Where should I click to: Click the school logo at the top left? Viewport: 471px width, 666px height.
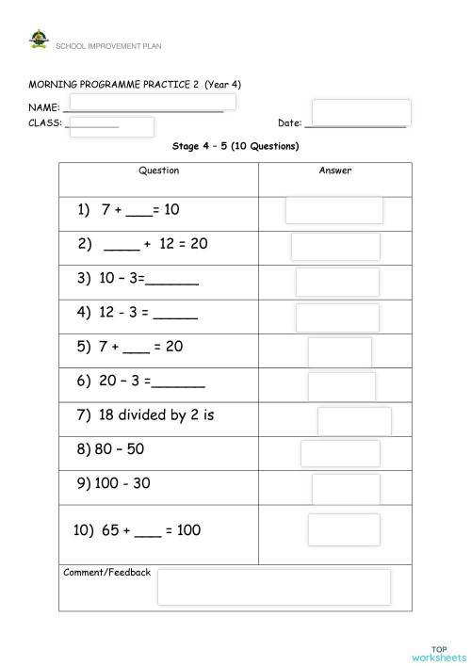point(39,41)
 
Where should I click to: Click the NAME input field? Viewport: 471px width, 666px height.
point(153,102)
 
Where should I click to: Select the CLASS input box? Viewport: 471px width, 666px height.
point(111,126)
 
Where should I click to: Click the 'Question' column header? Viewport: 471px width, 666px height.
point(158,171)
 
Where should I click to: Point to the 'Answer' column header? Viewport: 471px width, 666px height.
point(335,171)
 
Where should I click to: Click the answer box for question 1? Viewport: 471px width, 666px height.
point(334,210)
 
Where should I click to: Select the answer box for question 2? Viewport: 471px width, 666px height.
point(335,247)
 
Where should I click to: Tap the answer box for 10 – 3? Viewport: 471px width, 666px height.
point(337,282)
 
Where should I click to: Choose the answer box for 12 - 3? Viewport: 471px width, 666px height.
point(337,317)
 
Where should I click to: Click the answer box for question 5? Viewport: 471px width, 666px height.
point(339,351)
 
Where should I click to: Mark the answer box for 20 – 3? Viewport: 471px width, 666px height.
point(341,386)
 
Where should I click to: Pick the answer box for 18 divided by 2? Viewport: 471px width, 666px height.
point(354,421)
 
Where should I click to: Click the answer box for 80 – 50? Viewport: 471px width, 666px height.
point(340,454)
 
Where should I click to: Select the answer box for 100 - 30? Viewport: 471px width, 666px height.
point(346,489)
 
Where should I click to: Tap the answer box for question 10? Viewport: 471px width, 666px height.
point(344,529)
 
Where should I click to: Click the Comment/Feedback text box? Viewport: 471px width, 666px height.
point(273,587)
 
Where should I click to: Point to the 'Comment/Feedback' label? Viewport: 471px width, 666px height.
point(106,573)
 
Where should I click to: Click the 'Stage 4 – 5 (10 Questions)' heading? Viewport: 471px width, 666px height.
point(235,147)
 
